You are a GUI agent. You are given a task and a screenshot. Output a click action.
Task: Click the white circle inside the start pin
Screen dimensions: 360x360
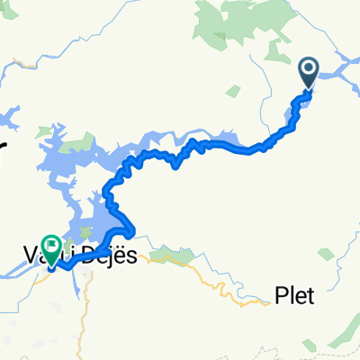[x=308, y=67]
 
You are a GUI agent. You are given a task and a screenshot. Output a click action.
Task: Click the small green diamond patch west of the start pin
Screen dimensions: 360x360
[x=233, y=91]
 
